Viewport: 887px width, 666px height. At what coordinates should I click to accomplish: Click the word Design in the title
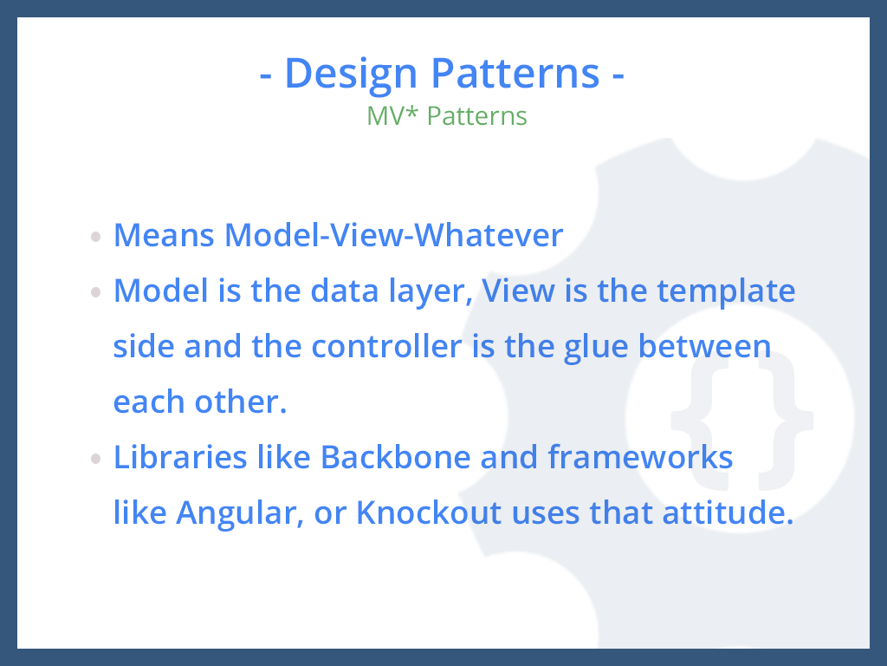351,75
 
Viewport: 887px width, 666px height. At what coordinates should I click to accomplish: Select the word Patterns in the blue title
515,73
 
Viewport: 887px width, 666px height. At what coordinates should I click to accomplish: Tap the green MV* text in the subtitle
392,115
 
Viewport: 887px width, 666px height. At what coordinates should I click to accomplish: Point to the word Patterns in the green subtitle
477,116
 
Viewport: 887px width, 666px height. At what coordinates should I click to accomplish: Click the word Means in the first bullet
164,235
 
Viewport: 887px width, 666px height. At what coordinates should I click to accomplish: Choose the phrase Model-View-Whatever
394,235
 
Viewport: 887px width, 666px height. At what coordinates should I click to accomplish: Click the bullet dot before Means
95,236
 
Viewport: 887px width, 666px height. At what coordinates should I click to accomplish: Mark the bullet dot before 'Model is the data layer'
95,292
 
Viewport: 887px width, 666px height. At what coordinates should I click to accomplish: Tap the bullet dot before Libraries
95,459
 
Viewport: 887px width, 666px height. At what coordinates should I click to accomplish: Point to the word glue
596,348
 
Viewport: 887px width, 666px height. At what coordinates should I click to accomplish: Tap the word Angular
240,514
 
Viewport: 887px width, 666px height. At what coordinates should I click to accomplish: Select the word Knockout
429,513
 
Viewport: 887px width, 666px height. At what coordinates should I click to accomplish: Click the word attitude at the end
728,513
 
